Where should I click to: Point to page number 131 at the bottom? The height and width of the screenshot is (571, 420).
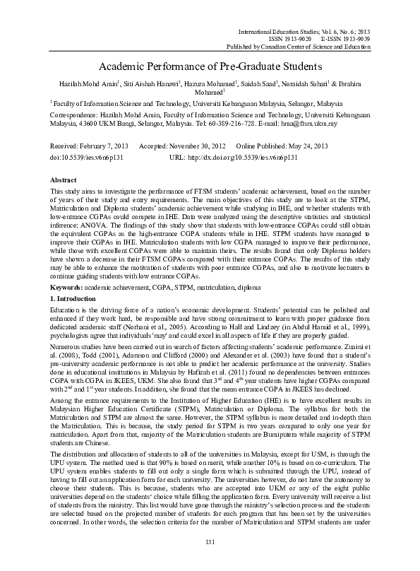(x=210, y=541)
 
